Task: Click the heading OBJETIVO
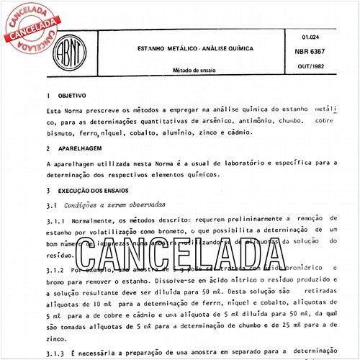73,95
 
